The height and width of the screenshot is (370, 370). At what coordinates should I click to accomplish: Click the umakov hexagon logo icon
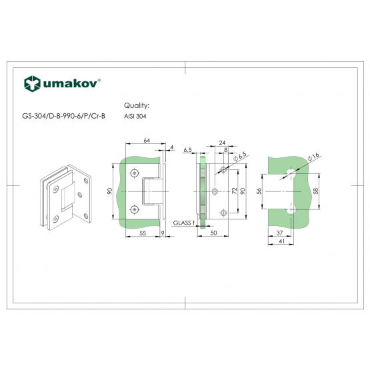(32, 83)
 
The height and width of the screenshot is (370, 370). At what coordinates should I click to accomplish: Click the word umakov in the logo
(70, 83)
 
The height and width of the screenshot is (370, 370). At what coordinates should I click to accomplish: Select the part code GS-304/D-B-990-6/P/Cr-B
(64, 116)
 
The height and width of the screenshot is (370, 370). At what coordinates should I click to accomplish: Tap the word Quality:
(137, 105)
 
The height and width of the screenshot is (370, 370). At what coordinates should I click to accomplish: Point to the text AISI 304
(135, 116)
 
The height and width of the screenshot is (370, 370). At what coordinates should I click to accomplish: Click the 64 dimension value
(147, 141)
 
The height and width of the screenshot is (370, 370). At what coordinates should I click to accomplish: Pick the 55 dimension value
(143, 233)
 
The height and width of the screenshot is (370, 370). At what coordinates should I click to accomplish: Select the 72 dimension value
(234, 191)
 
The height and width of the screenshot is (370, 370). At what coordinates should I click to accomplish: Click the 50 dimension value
(213, 233)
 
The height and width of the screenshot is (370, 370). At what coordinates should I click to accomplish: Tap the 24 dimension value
(222, 143)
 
